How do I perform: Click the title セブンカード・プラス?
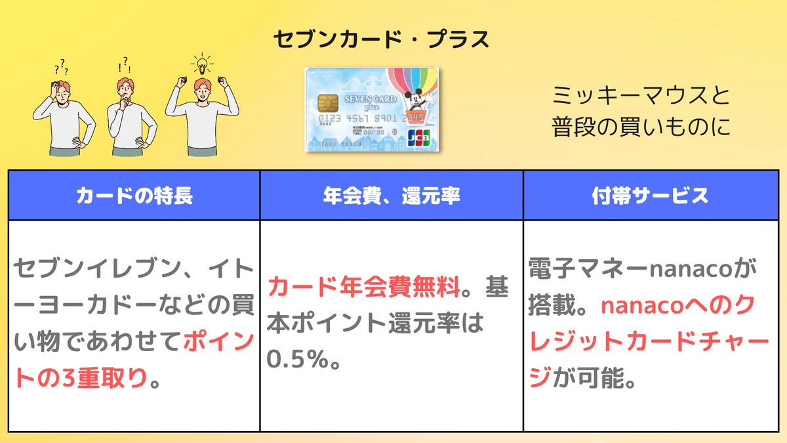pos(381,39)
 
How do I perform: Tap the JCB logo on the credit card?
pos(419,138)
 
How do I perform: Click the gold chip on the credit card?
pos(328,103)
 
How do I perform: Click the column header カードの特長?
pos(134,196)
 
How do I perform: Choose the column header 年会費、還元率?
pos(392,196)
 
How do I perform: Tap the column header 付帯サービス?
pos(651,196)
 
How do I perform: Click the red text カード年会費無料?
pos(364,287)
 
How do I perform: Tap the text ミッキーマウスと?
pos(641,96)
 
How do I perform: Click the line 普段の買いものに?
pos(641,127)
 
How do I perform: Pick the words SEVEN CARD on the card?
pos(371,99)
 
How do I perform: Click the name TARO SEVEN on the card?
pos(341,144)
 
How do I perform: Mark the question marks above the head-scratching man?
pos(62,67)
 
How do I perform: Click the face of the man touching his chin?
pos(126,91)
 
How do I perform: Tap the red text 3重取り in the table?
pos(100,378)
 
